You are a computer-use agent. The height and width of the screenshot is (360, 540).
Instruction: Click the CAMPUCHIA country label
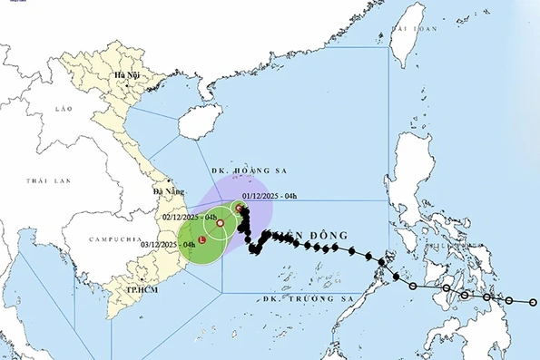pyautogui.click(x=112, y=238)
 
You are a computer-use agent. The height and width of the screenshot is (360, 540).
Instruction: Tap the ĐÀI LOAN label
pyautogui.click(x=408, y=29)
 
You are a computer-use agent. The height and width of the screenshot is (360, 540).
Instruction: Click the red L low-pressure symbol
pyautogui.click(x=201, y=241)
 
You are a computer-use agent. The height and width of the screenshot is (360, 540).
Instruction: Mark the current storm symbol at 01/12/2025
pyautogui.click(x=240, y=209)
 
